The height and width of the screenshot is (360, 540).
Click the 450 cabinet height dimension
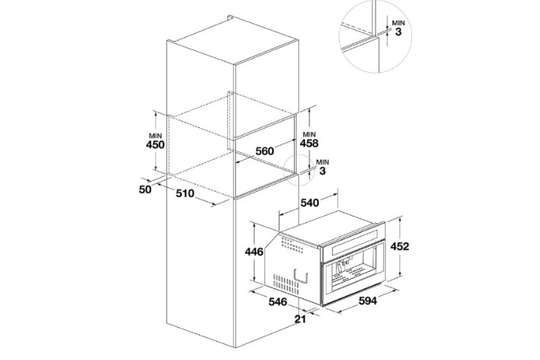pyautogui.click(x=155, y=145)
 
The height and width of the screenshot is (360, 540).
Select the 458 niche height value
pyautogui.click(x=309, y=143)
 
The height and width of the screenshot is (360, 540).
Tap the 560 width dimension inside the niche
pyautogui.click(x=264, y=151)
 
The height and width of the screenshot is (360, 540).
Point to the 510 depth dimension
pyautogui.click(x=185, y=194)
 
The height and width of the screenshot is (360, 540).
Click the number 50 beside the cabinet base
pyautogui.click(x=145, y=189)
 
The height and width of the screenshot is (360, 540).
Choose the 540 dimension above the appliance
pyautogui.click(x=310, y=203)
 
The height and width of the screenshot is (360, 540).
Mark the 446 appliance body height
pyautogui.click(x=254, y=252)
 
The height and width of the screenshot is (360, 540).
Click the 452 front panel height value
pyautogui.click(x=400, y=246)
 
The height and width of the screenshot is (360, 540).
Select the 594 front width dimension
pyautogui.click(x=368, y=301)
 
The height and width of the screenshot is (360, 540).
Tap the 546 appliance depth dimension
pyautogui.click(x=278, y=302)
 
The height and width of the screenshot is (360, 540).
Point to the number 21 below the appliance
pyautogui.click(x=300, y=319)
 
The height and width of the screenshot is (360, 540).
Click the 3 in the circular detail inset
pyautogui.click(x=399, y=32)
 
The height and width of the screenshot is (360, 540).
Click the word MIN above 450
pyautogui.click(x=155, y=136)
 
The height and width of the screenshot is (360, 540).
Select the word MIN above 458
pyautogui.click(x=309, y=134)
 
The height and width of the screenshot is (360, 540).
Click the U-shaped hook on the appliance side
pyautogui.click(x=300, y=275)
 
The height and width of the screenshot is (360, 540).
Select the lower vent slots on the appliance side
pyautogui.click(x=286, y=285)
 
